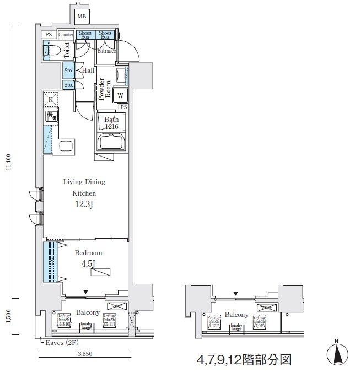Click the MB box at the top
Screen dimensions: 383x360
coord(82,16)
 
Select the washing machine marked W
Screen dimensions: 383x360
coord(121,95)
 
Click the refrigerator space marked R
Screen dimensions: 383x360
coord(51,100)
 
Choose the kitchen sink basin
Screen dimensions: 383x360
coord(66,147)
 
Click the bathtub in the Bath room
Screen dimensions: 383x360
coord(112,142)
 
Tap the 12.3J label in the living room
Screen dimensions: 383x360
coord(84,205)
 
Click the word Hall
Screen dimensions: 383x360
coord(88,71)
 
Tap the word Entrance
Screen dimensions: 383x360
coord(107,51)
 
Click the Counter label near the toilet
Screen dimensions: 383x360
coord(66,34)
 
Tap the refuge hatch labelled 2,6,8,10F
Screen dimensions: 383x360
coord(65,320)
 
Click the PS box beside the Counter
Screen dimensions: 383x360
coord(49,34)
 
